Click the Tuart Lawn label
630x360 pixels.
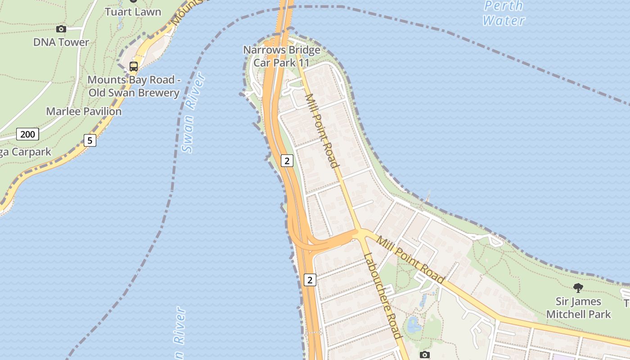click(x=133, y=12)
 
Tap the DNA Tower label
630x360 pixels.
click(x=61, y=42)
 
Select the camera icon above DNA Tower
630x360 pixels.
click(x=61, y=29)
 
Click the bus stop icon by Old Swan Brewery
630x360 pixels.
click(x=134, y=67)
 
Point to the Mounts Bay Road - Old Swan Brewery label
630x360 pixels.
click(x=134, y=86)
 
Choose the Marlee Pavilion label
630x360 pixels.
click(x=84, y=112)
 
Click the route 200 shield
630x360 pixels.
click(x=27, y=134)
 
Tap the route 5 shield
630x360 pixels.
click(x=90, y=140)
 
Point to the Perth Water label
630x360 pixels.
click(x=504, y=13)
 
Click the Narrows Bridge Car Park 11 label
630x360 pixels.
click(x=282, y=56)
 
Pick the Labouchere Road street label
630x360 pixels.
click(x=382, y=296)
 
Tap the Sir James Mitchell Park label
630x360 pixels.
click(x=578, y=308)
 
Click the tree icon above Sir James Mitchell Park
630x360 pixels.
click(x=578, y=288)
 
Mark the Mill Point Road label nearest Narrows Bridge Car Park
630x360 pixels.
click(x=322, y=130)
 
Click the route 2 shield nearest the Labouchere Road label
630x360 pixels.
click(x=310, y=280)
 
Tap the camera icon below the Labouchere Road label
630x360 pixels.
click(x=424, y=355)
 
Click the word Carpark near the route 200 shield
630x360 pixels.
click(x=31, y=152)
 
